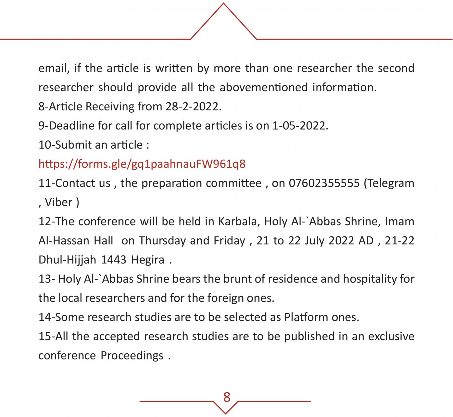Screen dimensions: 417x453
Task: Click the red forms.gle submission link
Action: pos(142,164)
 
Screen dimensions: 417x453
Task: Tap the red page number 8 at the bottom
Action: pos(227,397)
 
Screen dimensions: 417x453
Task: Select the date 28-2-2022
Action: pos(193,107)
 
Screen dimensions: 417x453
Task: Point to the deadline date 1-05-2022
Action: pos(300,126)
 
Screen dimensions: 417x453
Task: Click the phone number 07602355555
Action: pos(324,183)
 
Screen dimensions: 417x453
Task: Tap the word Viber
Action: pos(58,203)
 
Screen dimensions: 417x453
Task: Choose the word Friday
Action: pos(229,241)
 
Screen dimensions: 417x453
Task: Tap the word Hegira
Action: pos(148,260)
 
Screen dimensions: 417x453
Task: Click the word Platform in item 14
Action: pos(306,317)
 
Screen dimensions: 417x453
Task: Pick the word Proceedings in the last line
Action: pos(132,356)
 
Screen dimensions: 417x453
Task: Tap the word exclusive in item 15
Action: pos(391,336)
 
